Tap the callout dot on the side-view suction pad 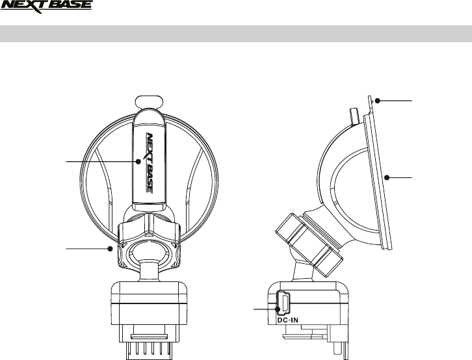pos(386,177)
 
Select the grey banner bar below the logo pos(235,34)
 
